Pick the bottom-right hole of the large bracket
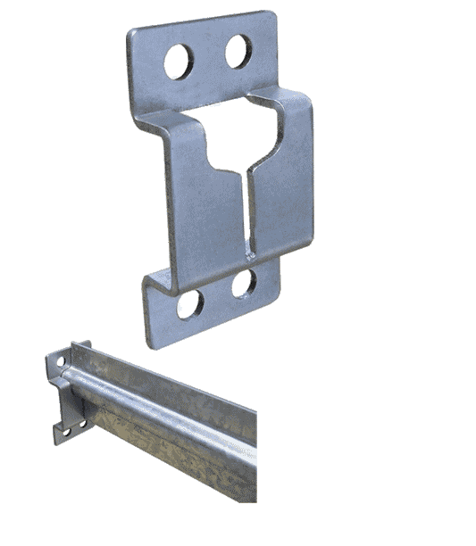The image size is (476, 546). click(242, 285)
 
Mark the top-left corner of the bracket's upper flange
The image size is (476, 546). click(130, 31)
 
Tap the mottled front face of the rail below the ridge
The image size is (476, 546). click(179, 437)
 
